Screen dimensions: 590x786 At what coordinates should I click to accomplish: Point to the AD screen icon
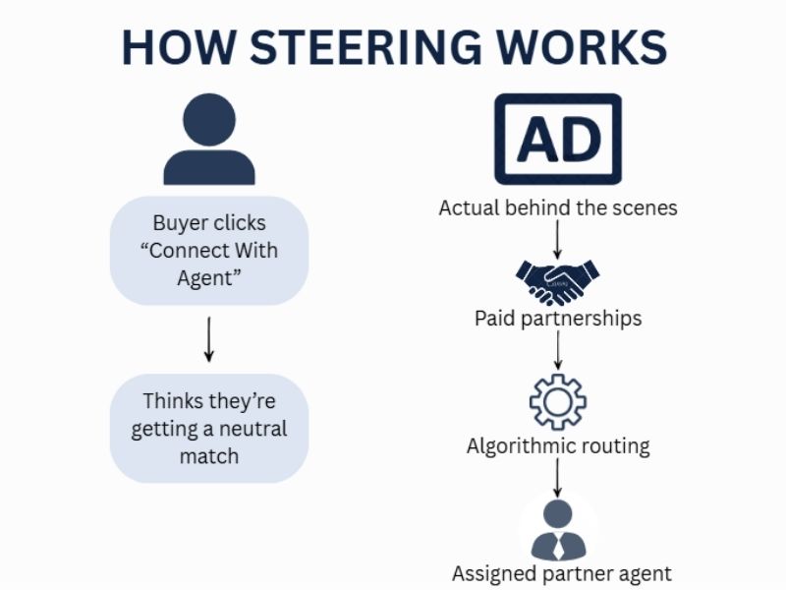(x=557, y=140)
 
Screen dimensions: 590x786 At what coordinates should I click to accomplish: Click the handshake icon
(x=557, y=280)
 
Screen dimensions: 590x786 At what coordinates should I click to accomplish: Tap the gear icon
(x=557, y=401)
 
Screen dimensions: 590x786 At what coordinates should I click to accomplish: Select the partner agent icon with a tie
(x=557, y=529)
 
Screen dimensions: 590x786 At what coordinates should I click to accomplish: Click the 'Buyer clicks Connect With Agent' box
(x=209, y=250)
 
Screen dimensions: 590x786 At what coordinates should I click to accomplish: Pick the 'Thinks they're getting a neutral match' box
(x=209, y=429)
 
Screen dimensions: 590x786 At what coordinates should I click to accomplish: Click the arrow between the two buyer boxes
(x=209, y=339)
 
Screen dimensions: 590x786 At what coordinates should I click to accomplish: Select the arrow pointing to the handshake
(x=557, y=238)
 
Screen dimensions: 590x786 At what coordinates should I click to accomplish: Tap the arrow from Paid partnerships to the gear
(x=557, y=350)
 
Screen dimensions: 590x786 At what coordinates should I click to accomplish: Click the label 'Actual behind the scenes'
(x=557, y=208)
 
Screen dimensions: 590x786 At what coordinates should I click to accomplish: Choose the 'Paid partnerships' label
(x=557, y=319)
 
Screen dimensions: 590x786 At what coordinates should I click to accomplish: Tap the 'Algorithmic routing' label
(x=557, y=445)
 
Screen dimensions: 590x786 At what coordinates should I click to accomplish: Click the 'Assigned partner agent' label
(x=561, y=573)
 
